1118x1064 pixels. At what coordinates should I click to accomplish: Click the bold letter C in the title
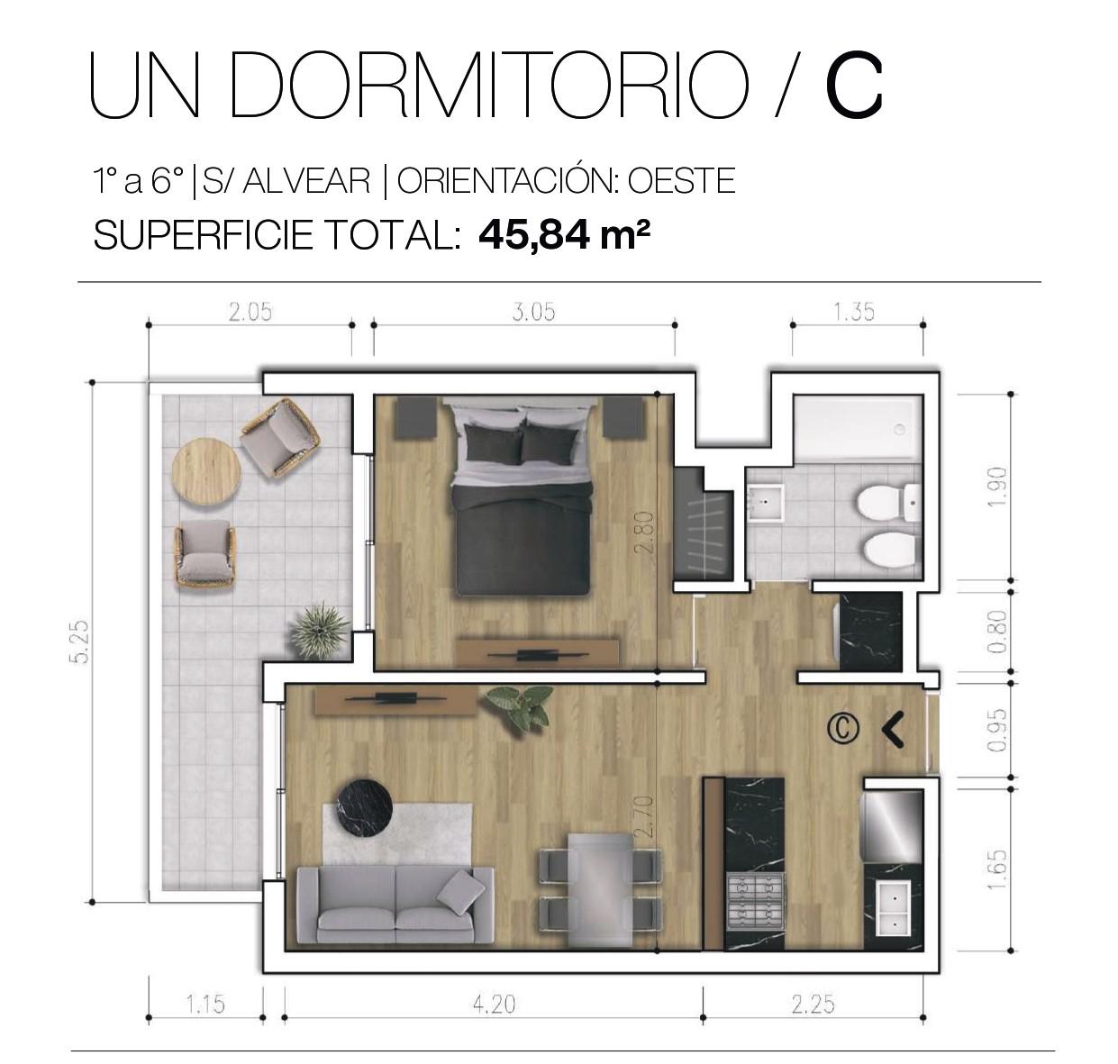pos(853,85)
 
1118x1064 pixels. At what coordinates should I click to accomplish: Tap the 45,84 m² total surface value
pos(564,235)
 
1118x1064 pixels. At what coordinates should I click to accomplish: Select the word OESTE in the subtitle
pos(681,181)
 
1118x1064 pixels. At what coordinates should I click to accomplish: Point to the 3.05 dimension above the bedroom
pos(533,313)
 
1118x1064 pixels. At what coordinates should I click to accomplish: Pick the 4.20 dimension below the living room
pos(495,1005)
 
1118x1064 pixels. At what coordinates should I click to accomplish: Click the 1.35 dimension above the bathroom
pos(853,313)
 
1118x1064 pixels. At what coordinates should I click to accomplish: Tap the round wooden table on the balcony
pos(206,471)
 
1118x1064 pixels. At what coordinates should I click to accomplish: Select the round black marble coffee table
pos(365,808)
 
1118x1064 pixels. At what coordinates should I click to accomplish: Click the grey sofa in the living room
pos(395,905)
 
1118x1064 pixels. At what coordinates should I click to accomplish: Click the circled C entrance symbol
pos(843,729)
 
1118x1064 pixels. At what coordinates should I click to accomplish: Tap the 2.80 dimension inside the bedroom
pos(647,532)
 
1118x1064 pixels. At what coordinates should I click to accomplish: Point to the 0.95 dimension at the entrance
pos(997,730)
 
